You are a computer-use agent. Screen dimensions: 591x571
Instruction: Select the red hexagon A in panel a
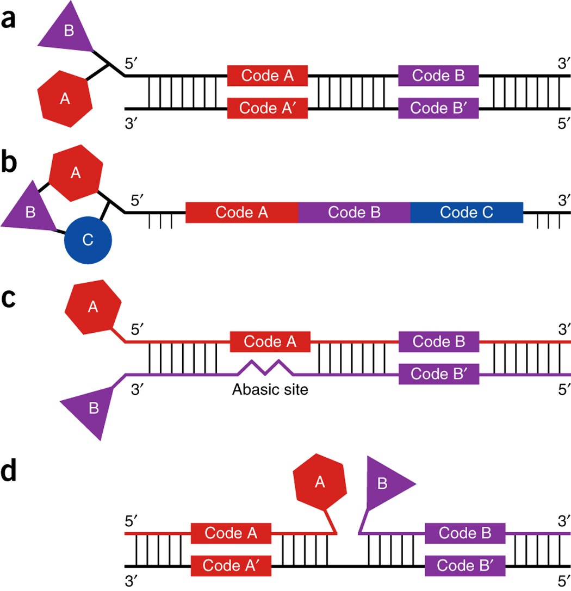point(64,98)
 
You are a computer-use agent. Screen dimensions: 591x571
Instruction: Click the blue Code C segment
point(467,212)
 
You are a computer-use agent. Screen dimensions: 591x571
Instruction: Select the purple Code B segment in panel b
point(354,212)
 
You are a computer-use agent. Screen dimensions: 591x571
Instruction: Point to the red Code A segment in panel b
point(242,212)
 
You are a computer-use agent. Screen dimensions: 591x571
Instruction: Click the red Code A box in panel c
point(270,342)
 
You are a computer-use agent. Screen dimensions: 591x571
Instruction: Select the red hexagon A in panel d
point(320,483)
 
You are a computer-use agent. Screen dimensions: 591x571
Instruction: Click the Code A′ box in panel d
point(231,566)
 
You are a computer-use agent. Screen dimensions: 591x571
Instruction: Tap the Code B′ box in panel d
point(465,566)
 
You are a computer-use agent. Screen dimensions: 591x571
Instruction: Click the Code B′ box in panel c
point(439,374)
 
